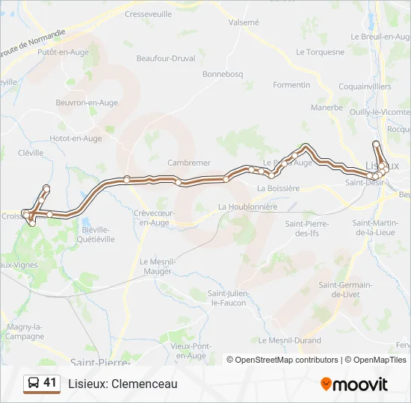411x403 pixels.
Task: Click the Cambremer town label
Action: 189,163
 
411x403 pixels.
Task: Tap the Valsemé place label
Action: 244,22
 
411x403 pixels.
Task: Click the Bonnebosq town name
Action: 223,75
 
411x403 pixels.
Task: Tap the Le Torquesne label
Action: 320,52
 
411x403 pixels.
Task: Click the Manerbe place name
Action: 327,107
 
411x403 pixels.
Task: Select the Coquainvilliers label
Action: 365,87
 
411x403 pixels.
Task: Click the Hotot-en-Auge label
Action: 75,138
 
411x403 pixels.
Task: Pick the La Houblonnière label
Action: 247,207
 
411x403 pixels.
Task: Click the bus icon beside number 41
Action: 33,384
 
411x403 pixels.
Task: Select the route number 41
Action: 50,383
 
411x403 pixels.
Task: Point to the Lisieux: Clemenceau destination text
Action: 123,384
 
